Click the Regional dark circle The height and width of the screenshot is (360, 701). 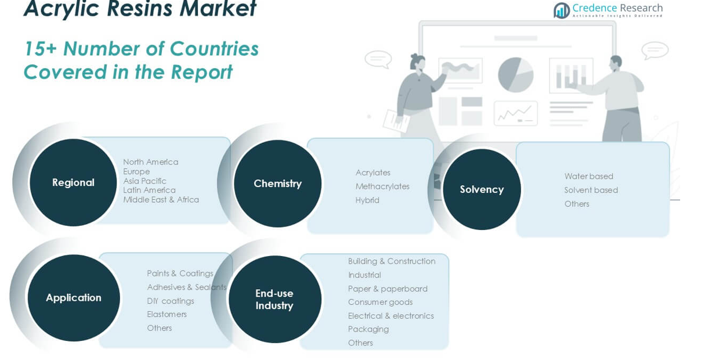coord(73,182)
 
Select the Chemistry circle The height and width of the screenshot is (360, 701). coord(277,183)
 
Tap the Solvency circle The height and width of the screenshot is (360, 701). coord(482,189)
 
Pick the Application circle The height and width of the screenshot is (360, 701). coord(74,298)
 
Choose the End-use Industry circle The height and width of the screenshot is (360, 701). coord(274,299)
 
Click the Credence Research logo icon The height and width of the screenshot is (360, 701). coord(561,10)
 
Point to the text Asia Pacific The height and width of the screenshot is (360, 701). coord(144,181)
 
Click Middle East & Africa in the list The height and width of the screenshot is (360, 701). coord(161,200)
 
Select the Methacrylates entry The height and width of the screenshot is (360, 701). coord(382,186)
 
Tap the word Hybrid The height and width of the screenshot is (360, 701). coord(367,200)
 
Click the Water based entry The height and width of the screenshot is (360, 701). coord(588,176)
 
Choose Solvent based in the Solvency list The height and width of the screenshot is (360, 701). coord(591,190)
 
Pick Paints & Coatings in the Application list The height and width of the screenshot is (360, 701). coord(180,273)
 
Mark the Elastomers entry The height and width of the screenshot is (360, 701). coord(167,314)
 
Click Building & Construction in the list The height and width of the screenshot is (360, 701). coord(392,261)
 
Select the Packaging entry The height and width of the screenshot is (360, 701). coord(368,329)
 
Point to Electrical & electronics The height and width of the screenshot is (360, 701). coord(391,316)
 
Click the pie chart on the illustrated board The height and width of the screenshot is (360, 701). coord(515,74)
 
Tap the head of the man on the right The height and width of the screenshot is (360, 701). coord(616,62)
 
